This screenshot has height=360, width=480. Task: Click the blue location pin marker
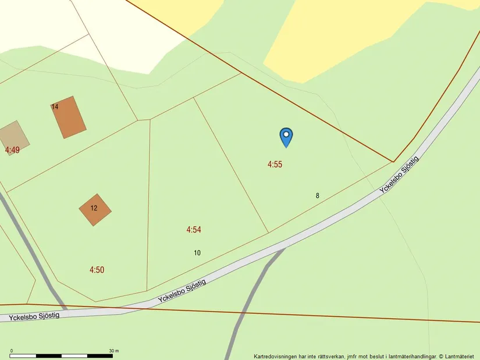(x=286, y=136)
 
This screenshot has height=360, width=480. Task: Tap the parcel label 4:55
(x=275, y=165)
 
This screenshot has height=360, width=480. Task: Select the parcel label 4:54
(x=194, y=230)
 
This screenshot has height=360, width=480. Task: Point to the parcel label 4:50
(x=97, y=270)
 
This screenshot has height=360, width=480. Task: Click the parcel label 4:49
(x=12, y=150)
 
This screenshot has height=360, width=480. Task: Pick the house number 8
(x=318, y=196)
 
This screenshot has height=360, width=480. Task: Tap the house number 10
(x=197, y=253)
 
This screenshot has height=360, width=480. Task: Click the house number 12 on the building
(x=94, y=208)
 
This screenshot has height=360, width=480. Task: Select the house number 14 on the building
(x=55, y=107)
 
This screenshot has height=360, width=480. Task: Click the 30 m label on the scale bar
(x=113, y=351)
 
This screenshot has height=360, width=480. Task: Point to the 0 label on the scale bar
(x=12, y=351)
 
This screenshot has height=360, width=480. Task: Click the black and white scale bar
(x=61, y=355)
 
